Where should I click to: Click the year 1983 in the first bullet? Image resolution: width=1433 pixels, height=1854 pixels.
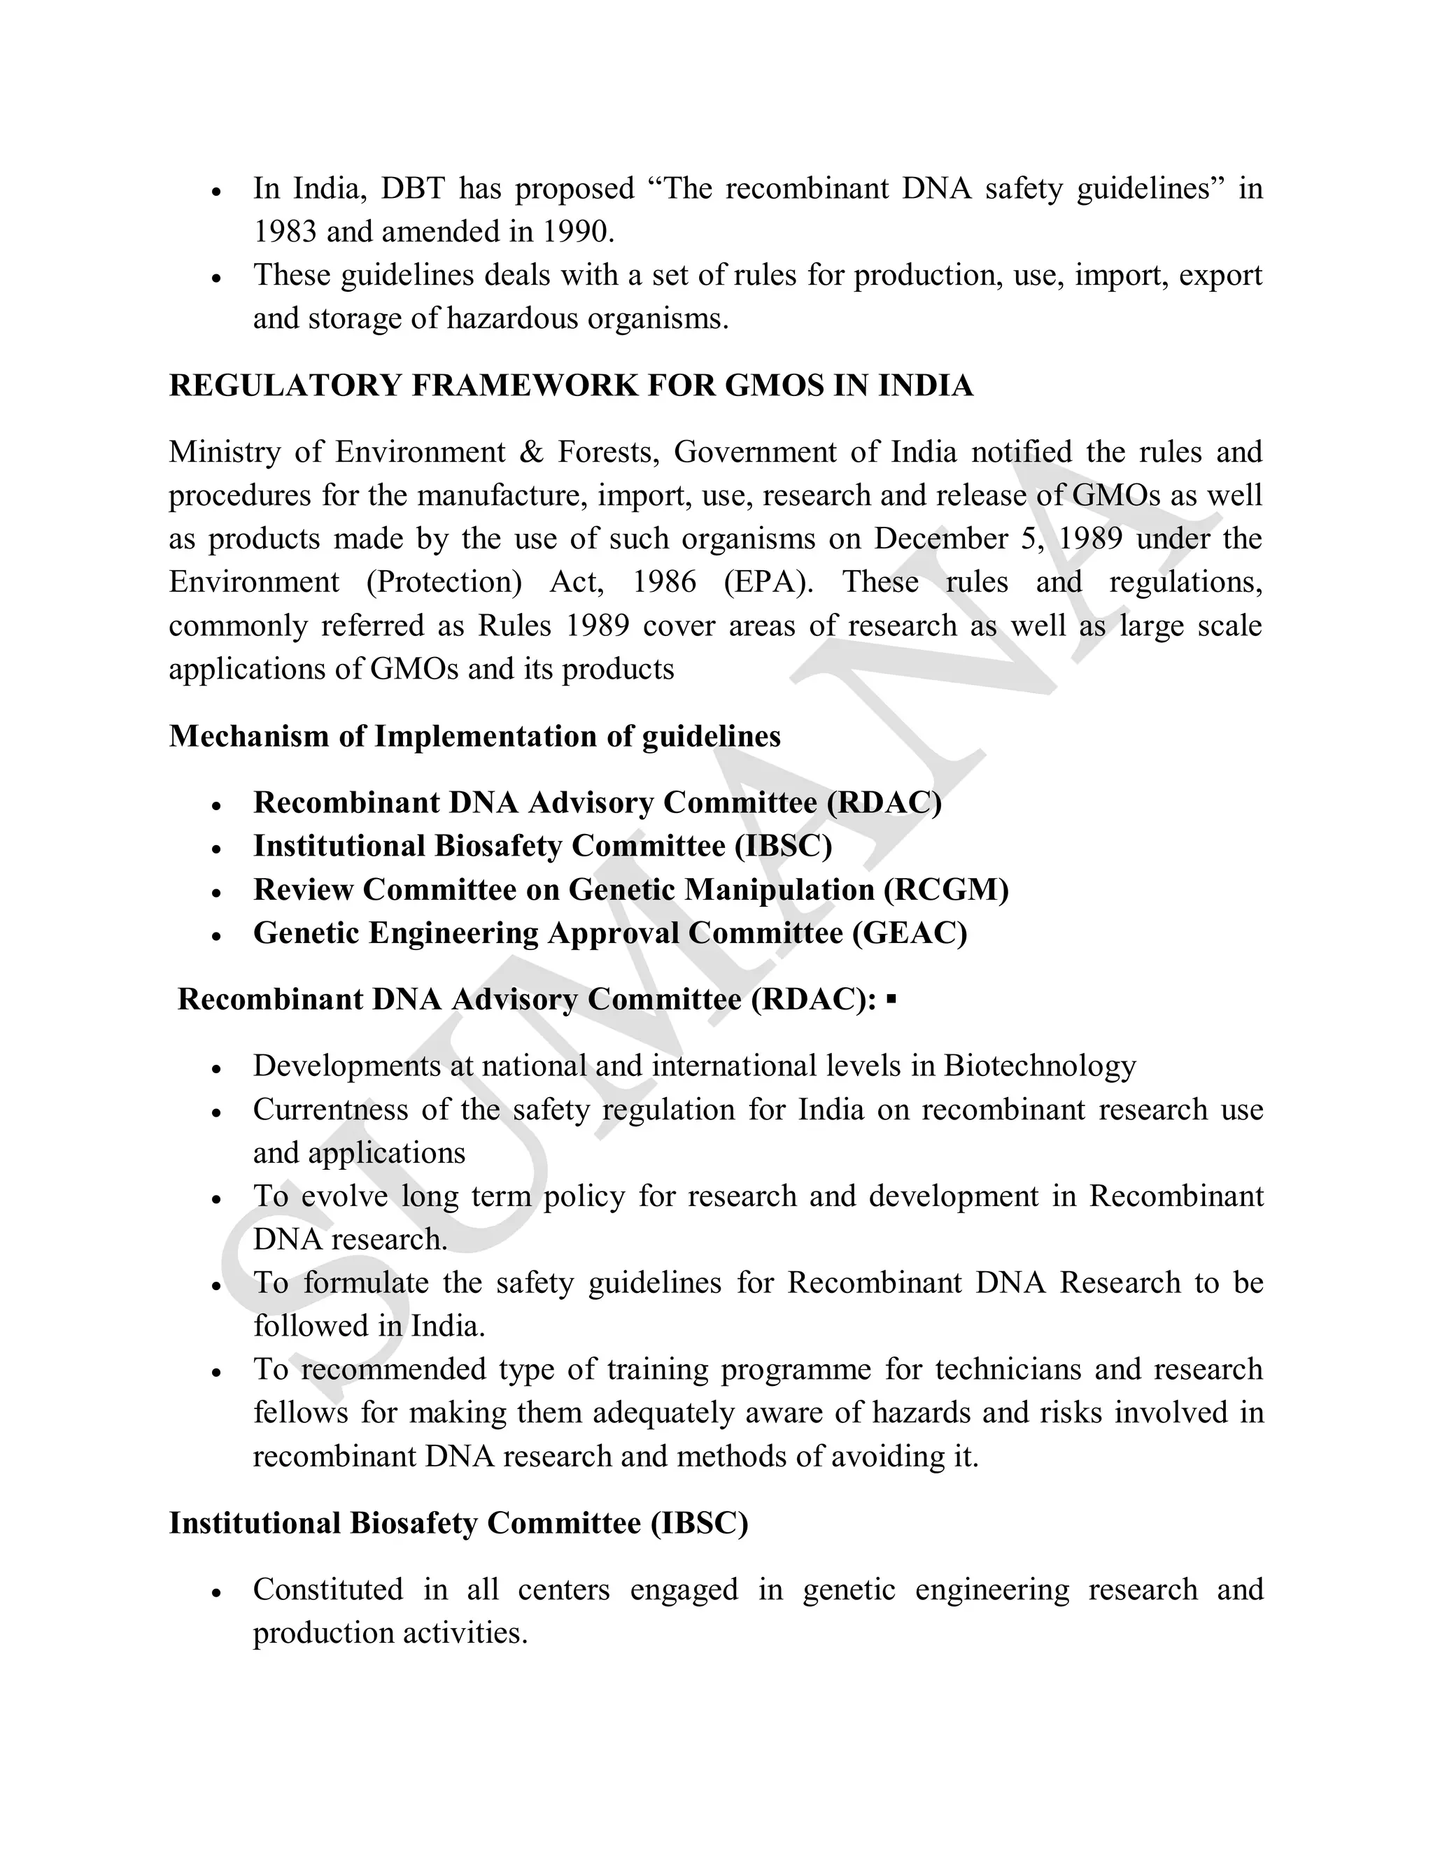tap(284, 232)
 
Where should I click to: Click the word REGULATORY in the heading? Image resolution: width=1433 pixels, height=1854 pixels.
tap(284, 385)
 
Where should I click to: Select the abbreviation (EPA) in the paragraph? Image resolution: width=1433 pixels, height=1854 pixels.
tap(768, 582)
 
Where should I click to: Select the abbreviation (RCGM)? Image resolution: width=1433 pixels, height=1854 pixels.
tap(946, 890)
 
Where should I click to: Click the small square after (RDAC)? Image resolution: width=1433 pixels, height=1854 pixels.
tap(891, 1000)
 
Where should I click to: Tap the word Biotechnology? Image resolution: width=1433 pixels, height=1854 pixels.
tap(1040, 1066)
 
